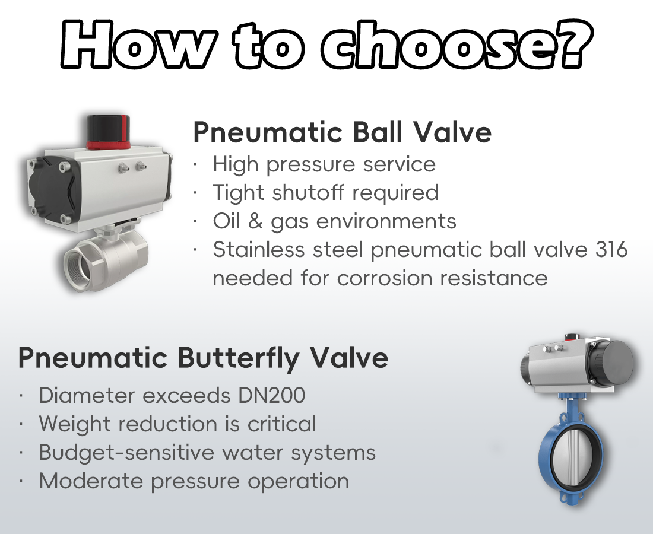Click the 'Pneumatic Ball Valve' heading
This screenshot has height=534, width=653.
coord(342,132)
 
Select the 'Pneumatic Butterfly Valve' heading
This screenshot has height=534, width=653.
coord(203,358)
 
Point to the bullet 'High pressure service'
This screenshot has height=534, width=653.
coord(324,164)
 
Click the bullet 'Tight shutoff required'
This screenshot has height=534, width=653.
coord(325,192)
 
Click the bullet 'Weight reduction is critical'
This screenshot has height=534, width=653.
coord(177,424)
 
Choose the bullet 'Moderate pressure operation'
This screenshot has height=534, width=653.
coord(194,481)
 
